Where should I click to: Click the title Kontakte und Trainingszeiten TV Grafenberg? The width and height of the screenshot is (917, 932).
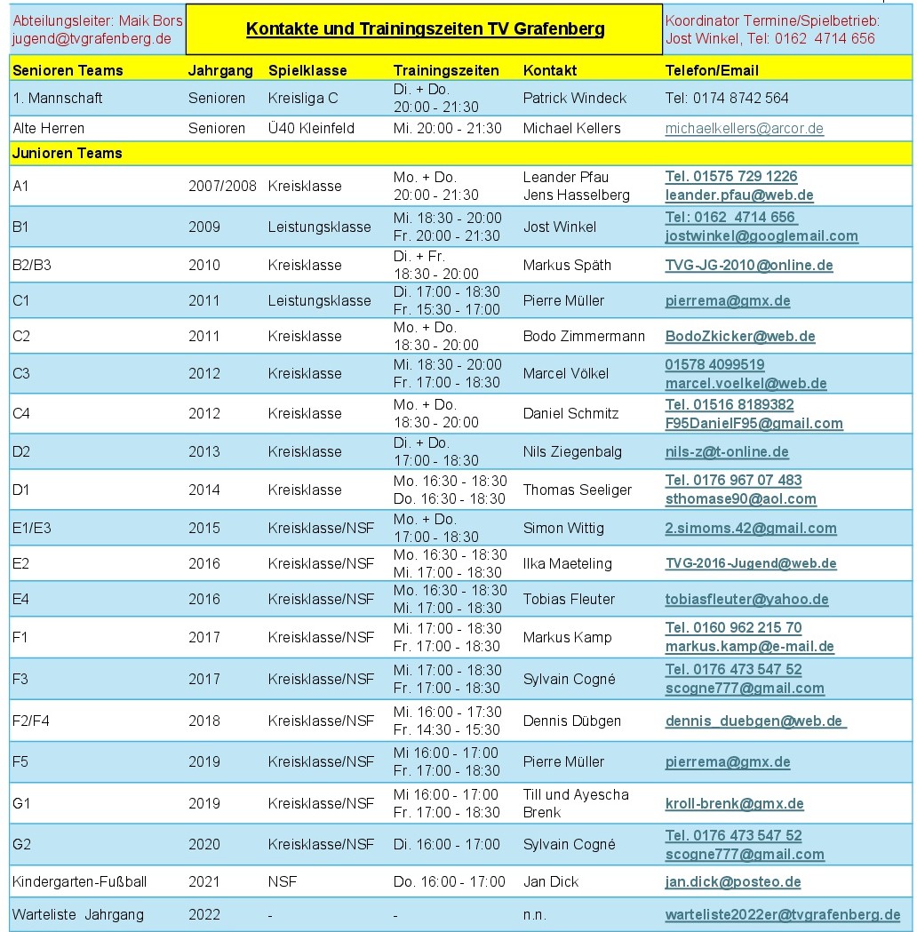(x=425, y=29)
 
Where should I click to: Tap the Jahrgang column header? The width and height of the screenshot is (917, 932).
(x=220, y=70)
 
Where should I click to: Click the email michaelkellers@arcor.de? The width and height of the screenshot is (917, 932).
(x=744, y=129)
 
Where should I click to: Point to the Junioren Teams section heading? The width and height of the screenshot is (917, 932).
(x=68, y=153)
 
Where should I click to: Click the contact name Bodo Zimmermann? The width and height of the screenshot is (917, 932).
(x=584, y=337)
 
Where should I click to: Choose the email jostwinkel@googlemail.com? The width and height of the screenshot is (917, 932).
(x=762, y=236)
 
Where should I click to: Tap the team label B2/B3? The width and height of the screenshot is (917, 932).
(x=32, y=265)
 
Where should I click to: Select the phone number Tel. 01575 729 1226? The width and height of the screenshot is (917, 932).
(x=731, y=177)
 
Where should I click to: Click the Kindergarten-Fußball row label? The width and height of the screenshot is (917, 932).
(x=79, y=882)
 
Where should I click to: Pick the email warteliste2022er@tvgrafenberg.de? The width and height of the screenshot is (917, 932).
(x=782, y=914)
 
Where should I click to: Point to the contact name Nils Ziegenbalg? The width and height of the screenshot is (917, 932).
(x=572, y=451)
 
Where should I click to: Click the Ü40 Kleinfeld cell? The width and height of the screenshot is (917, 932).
(x=311, y=129)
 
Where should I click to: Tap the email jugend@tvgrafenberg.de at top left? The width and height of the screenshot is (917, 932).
(x=92, y=39)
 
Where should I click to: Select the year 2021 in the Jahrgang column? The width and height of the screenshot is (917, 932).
(x=203, y=882)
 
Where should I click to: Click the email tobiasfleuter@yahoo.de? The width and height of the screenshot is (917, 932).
(x=746, y=600)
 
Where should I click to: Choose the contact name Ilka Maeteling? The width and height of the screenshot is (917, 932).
(x=567, y=563)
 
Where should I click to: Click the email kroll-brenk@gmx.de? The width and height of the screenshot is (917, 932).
(x=734, y=804)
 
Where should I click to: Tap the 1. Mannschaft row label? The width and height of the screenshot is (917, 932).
(x=58, y=98)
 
